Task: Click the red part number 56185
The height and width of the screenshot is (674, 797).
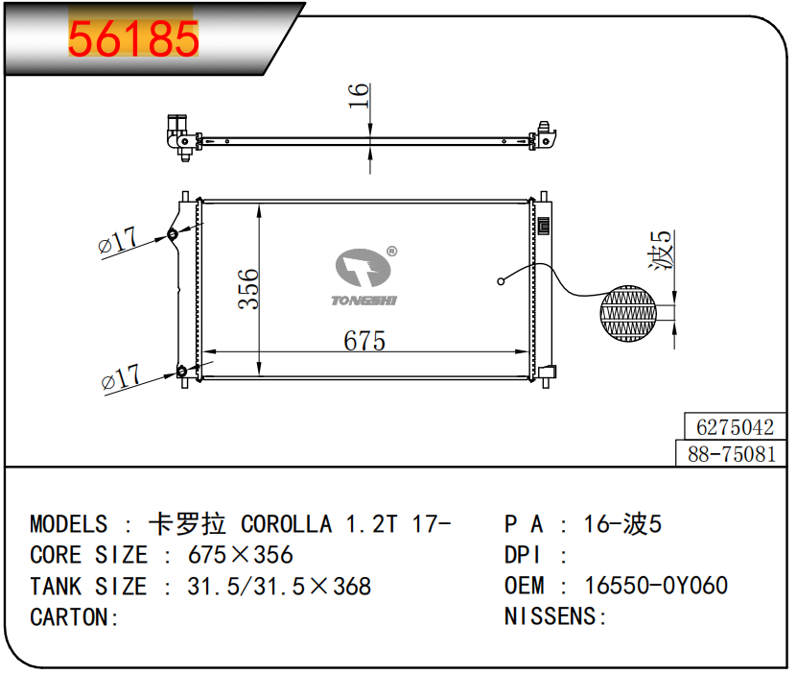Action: point(133,38)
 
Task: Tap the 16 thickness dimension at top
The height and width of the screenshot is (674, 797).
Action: point(359,96)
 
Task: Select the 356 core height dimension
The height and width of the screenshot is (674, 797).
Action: point(248,289)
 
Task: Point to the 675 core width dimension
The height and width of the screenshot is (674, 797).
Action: point(364,340)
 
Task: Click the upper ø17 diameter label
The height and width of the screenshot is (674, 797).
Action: point(117,240)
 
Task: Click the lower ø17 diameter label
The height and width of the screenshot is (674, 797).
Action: point(121,377)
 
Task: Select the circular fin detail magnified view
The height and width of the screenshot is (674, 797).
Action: point(628,313)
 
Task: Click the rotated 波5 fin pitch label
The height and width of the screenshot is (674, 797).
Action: point(662,251)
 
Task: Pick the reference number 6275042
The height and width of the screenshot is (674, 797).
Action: point(735,427)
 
